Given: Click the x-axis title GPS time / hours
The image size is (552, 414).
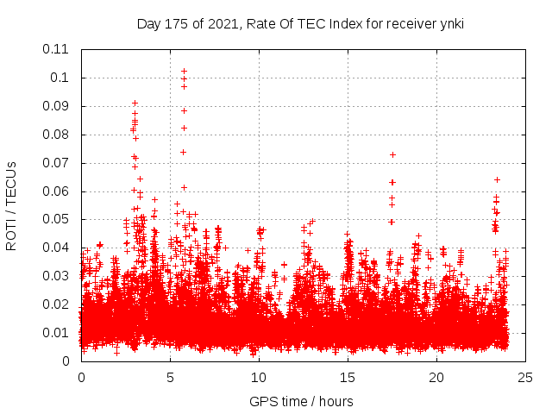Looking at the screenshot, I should tap(301, 401).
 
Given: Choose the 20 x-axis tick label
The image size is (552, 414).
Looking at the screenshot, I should tap(437, 377).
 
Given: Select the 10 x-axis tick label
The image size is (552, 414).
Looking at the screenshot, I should tap(259, 377).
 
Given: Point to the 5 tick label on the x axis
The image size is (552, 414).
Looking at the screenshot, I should tap(170, 377).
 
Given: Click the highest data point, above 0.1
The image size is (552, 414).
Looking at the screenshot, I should tap(184, 71).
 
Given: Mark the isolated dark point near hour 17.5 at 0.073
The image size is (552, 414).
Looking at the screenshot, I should tap(392, 154).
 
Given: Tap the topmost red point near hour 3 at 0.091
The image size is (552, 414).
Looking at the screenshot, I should tap(135, 103).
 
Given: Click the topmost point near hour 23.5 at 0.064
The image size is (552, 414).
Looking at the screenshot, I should tap(497, 179).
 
